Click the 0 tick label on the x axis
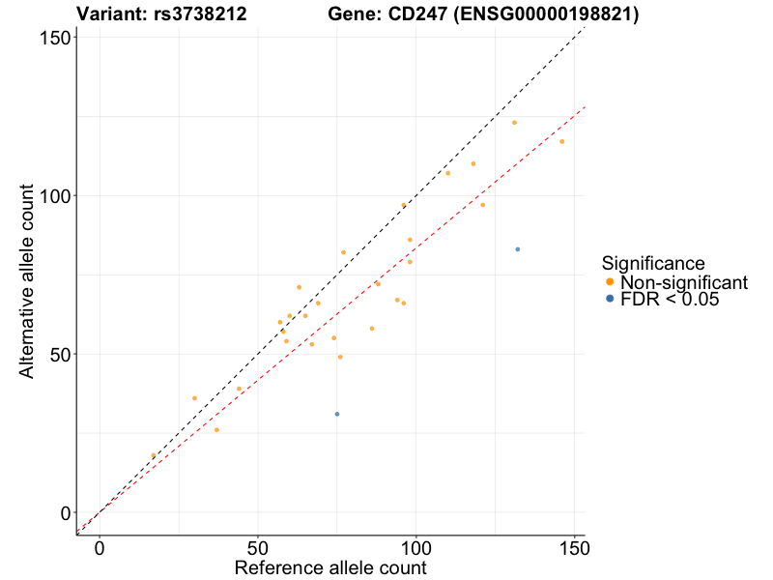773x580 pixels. [x=100, y=548]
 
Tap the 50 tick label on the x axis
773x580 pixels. [x=258, y=548]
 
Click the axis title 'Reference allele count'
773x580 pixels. [x=330, y=567]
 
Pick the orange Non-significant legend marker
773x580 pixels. [x=609, y=281]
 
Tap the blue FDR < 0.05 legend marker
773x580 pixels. [x=609, y=300]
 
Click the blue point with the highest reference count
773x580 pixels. [x=518, y=249]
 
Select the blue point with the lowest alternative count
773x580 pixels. [x=337, y=414]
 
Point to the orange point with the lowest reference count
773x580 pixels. [x=153, y=455]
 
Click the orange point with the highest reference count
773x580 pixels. [x=561, y=142]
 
